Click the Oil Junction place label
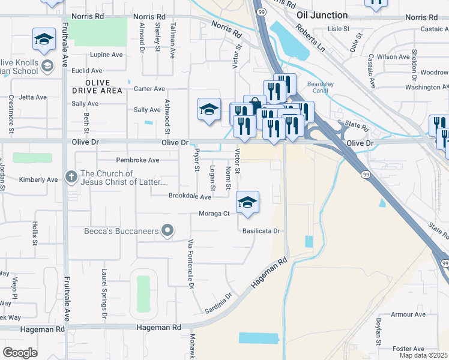point(322,15)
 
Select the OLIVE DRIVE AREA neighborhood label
point(96,86)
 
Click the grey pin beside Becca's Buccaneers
point(169,230)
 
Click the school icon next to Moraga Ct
point(247,203)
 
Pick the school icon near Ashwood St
point(208,110)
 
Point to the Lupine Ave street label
point(106,55)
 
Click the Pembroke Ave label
point(137,160)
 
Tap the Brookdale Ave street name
point(190,196)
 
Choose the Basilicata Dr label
point(261,230)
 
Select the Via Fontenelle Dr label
point(190,265)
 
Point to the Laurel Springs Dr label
point(104,293)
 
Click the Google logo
point(20,353)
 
